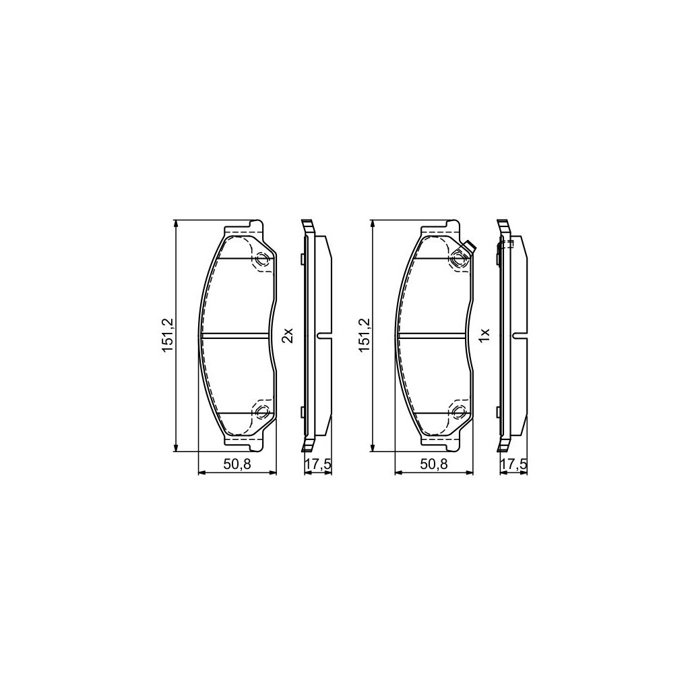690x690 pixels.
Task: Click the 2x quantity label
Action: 287,335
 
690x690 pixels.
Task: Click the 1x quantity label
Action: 483,335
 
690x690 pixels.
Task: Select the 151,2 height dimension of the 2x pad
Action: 168,335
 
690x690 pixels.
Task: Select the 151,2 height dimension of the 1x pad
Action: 365,335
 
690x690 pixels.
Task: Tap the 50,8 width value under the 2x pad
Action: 237,464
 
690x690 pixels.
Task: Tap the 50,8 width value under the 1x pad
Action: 433,464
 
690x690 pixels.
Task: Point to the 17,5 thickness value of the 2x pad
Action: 318,464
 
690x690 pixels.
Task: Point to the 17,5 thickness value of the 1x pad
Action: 514,464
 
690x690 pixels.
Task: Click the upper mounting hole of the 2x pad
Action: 262,259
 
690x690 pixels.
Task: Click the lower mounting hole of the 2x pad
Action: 262,412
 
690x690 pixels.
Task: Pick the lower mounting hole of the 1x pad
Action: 459,412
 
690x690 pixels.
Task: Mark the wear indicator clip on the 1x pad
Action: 468,249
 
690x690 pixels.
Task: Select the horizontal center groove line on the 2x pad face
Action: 236,336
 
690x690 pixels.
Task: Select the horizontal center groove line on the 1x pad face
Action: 433,336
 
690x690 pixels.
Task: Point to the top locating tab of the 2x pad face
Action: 255,225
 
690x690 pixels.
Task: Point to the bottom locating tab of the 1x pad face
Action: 451,446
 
